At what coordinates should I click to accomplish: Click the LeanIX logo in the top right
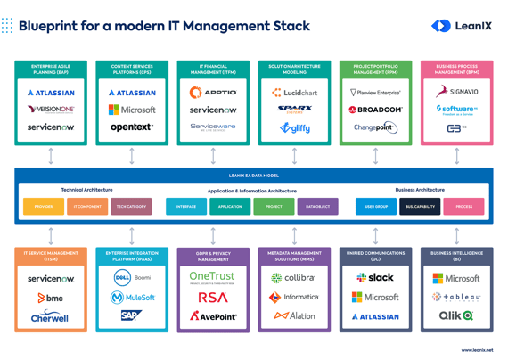tap(461, 26)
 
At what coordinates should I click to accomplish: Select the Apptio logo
tap(213, 92)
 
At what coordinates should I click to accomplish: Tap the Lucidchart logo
tap(294, 92)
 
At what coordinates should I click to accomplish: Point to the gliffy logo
tap(294, 128)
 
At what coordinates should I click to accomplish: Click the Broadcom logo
tap(375, 110)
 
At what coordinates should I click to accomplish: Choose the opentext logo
tap(132, 127)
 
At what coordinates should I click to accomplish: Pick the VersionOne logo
tap(51, 110)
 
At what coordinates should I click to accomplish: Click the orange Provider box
tap(44, 206)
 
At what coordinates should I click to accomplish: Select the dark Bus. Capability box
tap(420, 206)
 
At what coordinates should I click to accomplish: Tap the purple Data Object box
tap(317, 206)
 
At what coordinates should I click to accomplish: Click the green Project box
tap(274, 206)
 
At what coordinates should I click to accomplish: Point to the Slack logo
tap(375, 277)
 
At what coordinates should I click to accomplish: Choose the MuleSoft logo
tap(132, 297)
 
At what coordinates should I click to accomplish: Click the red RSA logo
tap(213, 297)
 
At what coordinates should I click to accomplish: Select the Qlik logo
tap(456, 315)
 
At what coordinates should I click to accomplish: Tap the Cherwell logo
tap(50, 316)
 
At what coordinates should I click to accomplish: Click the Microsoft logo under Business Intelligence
tap(456, 278)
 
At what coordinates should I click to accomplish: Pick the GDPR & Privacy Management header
tap(213, 256)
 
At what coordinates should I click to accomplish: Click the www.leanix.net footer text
tap(476, 350)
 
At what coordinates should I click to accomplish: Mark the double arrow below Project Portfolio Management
tap(375, 156)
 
